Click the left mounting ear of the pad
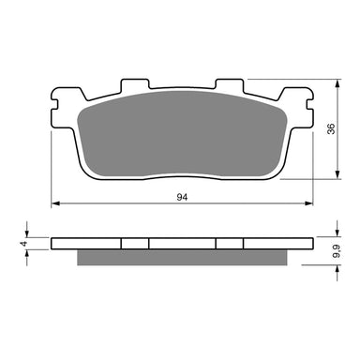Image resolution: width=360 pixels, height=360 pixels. click(x=63, y=100)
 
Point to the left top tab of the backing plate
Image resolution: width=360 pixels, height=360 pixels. click(x=135, y=85)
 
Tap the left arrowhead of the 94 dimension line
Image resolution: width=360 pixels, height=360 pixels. click(x=54, y=203)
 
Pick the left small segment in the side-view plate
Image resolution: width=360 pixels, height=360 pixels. click(x=136, y=242)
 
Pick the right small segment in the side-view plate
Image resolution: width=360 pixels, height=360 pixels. click(x=230, y=242)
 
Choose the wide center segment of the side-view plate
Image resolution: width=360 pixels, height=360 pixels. click(x=183, y=242)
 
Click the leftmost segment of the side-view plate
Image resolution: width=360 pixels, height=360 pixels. click(x=87, y=242)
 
